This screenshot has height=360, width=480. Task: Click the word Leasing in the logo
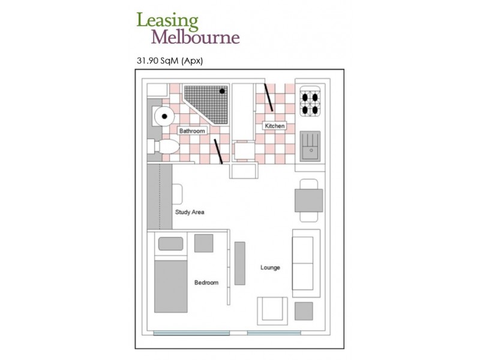coord(167,21)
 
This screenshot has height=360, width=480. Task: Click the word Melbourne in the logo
coord(196,37)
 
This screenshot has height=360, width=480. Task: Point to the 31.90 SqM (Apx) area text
coord(170,61)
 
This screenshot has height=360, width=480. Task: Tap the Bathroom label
coord(192,131)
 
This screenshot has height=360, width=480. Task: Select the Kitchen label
coord(275,125)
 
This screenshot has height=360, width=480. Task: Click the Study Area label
coord(190,212)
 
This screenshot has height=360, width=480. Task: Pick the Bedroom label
coord(206,283)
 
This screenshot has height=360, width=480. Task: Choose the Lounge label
coord(270,268)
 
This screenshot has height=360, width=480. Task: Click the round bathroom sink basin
coord(164,116)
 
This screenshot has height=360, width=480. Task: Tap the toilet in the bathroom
coord(163,146)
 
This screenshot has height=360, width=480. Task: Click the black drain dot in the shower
coord(222,91)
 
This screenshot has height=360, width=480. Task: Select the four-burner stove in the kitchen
coord(310,101)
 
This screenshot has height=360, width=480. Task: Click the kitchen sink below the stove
coord(310,146)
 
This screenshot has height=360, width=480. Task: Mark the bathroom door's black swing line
coord(218,152)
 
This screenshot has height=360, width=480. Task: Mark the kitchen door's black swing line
coord(269,97)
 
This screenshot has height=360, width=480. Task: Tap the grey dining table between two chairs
coord(308,200)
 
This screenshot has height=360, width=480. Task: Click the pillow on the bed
coord(170,244)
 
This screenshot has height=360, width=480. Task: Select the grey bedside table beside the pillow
coord(204,243)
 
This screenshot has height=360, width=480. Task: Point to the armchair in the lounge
coord(272,311)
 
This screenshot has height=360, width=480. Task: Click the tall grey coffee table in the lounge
coord(239,263)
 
